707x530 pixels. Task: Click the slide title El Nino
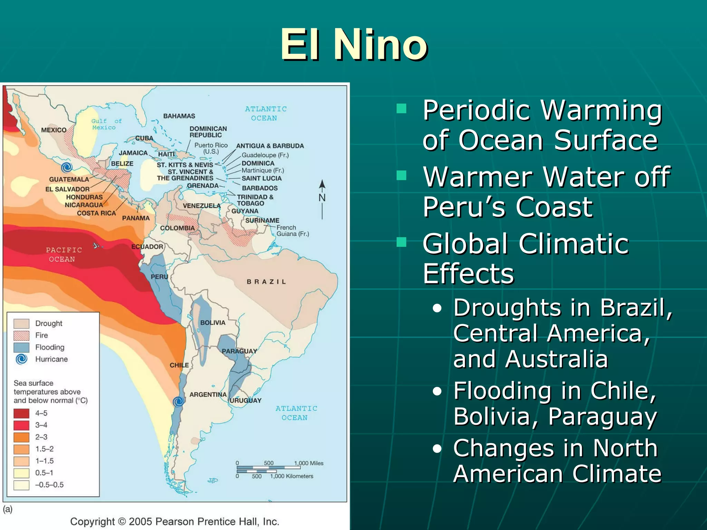pos(354,45)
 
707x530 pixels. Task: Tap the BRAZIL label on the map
pos(266,282)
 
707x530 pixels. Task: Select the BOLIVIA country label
pos(213,323)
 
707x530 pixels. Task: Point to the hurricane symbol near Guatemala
pos(67,167)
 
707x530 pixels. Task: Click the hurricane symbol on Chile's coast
pos(178,401)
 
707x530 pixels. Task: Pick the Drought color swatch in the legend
pos(21,324)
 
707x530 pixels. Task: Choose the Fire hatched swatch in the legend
pos(21,335)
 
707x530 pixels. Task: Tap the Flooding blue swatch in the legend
pos(21,347)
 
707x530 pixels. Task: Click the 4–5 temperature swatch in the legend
pos(21,413)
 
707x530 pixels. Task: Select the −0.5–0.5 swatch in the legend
pos(21,485)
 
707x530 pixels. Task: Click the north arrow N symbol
pos(322,197)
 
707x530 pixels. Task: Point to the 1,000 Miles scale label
pos(309,463)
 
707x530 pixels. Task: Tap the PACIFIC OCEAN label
pos(63,254)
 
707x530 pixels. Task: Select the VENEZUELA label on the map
pos(202,206)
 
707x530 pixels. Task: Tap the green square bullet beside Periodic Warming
pos(401,109)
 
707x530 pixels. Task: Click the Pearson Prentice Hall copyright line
pos(175,521)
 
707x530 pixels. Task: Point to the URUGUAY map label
pos(246,401)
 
